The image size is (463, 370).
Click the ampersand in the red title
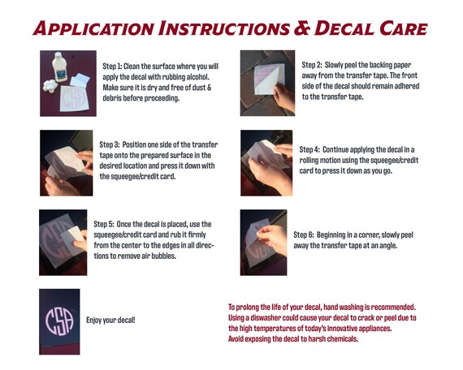point(301,28)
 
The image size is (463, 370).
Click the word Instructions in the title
point(224,28)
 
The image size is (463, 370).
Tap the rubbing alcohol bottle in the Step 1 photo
point(59,67)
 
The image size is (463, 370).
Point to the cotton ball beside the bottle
point(50,86)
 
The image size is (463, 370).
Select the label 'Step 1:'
point(112,67)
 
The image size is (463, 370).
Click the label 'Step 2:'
point(312,65)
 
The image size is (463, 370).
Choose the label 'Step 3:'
point(110,144)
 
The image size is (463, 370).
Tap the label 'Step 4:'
point(309,149)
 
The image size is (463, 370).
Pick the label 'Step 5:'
point(104,224)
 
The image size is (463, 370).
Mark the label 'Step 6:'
point(304,234)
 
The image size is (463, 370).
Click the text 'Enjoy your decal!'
point(110,321)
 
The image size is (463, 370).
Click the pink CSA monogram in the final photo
point(59,321)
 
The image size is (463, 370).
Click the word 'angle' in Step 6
point(388,246)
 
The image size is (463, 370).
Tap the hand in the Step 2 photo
point(284,97)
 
